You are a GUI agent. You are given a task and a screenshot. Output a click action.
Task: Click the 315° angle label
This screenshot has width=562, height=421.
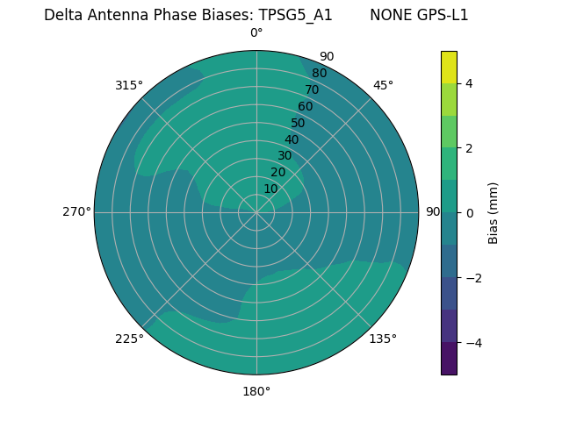[128, 85]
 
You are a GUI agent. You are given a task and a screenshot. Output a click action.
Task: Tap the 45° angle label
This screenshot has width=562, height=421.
[383, 85]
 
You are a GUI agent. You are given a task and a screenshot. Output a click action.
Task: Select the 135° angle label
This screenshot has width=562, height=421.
[383, 339]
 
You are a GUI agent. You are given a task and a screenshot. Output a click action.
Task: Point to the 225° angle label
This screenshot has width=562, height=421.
[129, 339]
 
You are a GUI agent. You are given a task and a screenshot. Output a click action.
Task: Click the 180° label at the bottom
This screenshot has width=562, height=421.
[256, 391]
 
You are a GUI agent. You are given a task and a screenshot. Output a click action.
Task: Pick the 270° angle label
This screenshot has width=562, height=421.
[76, 211]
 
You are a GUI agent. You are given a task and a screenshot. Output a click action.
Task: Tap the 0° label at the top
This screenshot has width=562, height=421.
[256, 33]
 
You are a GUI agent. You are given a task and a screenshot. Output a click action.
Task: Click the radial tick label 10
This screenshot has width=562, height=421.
[270, 189]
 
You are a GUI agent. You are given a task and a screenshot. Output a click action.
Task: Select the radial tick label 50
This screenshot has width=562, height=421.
[298, 123]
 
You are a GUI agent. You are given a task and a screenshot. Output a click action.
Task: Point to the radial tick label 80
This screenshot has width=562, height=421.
[319, 73]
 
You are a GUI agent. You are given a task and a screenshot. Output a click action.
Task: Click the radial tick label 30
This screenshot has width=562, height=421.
[285, 155]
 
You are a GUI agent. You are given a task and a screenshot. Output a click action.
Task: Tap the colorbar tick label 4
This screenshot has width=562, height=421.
[469, 83]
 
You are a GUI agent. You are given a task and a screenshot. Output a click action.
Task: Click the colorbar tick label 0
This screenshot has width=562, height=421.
[469, 213]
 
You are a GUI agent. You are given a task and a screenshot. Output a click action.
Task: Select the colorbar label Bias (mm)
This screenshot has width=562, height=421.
[494, 213]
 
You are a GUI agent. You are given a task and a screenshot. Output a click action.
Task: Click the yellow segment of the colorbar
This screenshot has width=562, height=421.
[449, 68]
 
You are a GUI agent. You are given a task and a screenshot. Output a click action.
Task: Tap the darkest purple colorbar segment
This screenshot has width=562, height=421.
[449, 358]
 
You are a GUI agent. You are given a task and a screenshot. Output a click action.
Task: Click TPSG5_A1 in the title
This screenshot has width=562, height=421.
[295, 15]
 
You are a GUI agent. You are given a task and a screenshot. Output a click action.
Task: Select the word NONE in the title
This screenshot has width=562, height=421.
[389, 15]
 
